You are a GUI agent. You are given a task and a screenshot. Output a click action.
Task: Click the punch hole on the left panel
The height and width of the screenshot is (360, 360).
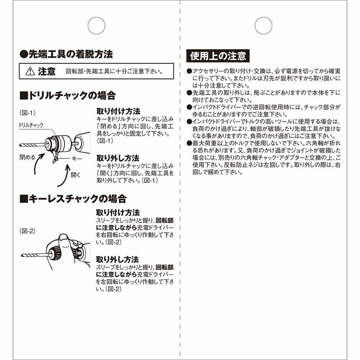pyautogui.click(x=96, y=25)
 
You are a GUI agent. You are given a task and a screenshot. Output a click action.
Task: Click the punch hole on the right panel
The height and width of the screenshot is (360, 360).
pyautogui.click(x=263, y=25)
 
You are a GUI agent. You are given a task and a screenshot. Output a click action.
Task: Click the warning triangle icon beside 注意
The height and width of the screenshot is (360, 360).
pyautogui.click(x=30, y=71)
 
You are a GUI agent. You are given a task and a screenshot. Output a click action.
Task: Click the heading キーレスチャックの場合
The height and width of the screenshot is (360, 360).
pyautogui.click(x=72, y=198)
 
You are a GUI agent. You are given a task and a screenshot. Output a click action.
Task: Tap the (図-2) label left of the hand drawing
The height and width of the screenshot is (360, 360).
pyautogui.click(x=27, y=231)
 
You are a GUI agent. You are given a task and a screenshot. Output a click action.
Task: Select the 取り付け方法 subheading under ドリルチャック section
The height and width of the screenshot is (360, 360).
pyautogui.click(x=118, y=111)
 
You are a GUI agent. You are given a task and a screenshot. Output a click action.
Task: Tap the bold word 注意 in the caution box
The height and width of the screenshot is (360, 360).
pyautogui.click(x=47, y=71)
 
